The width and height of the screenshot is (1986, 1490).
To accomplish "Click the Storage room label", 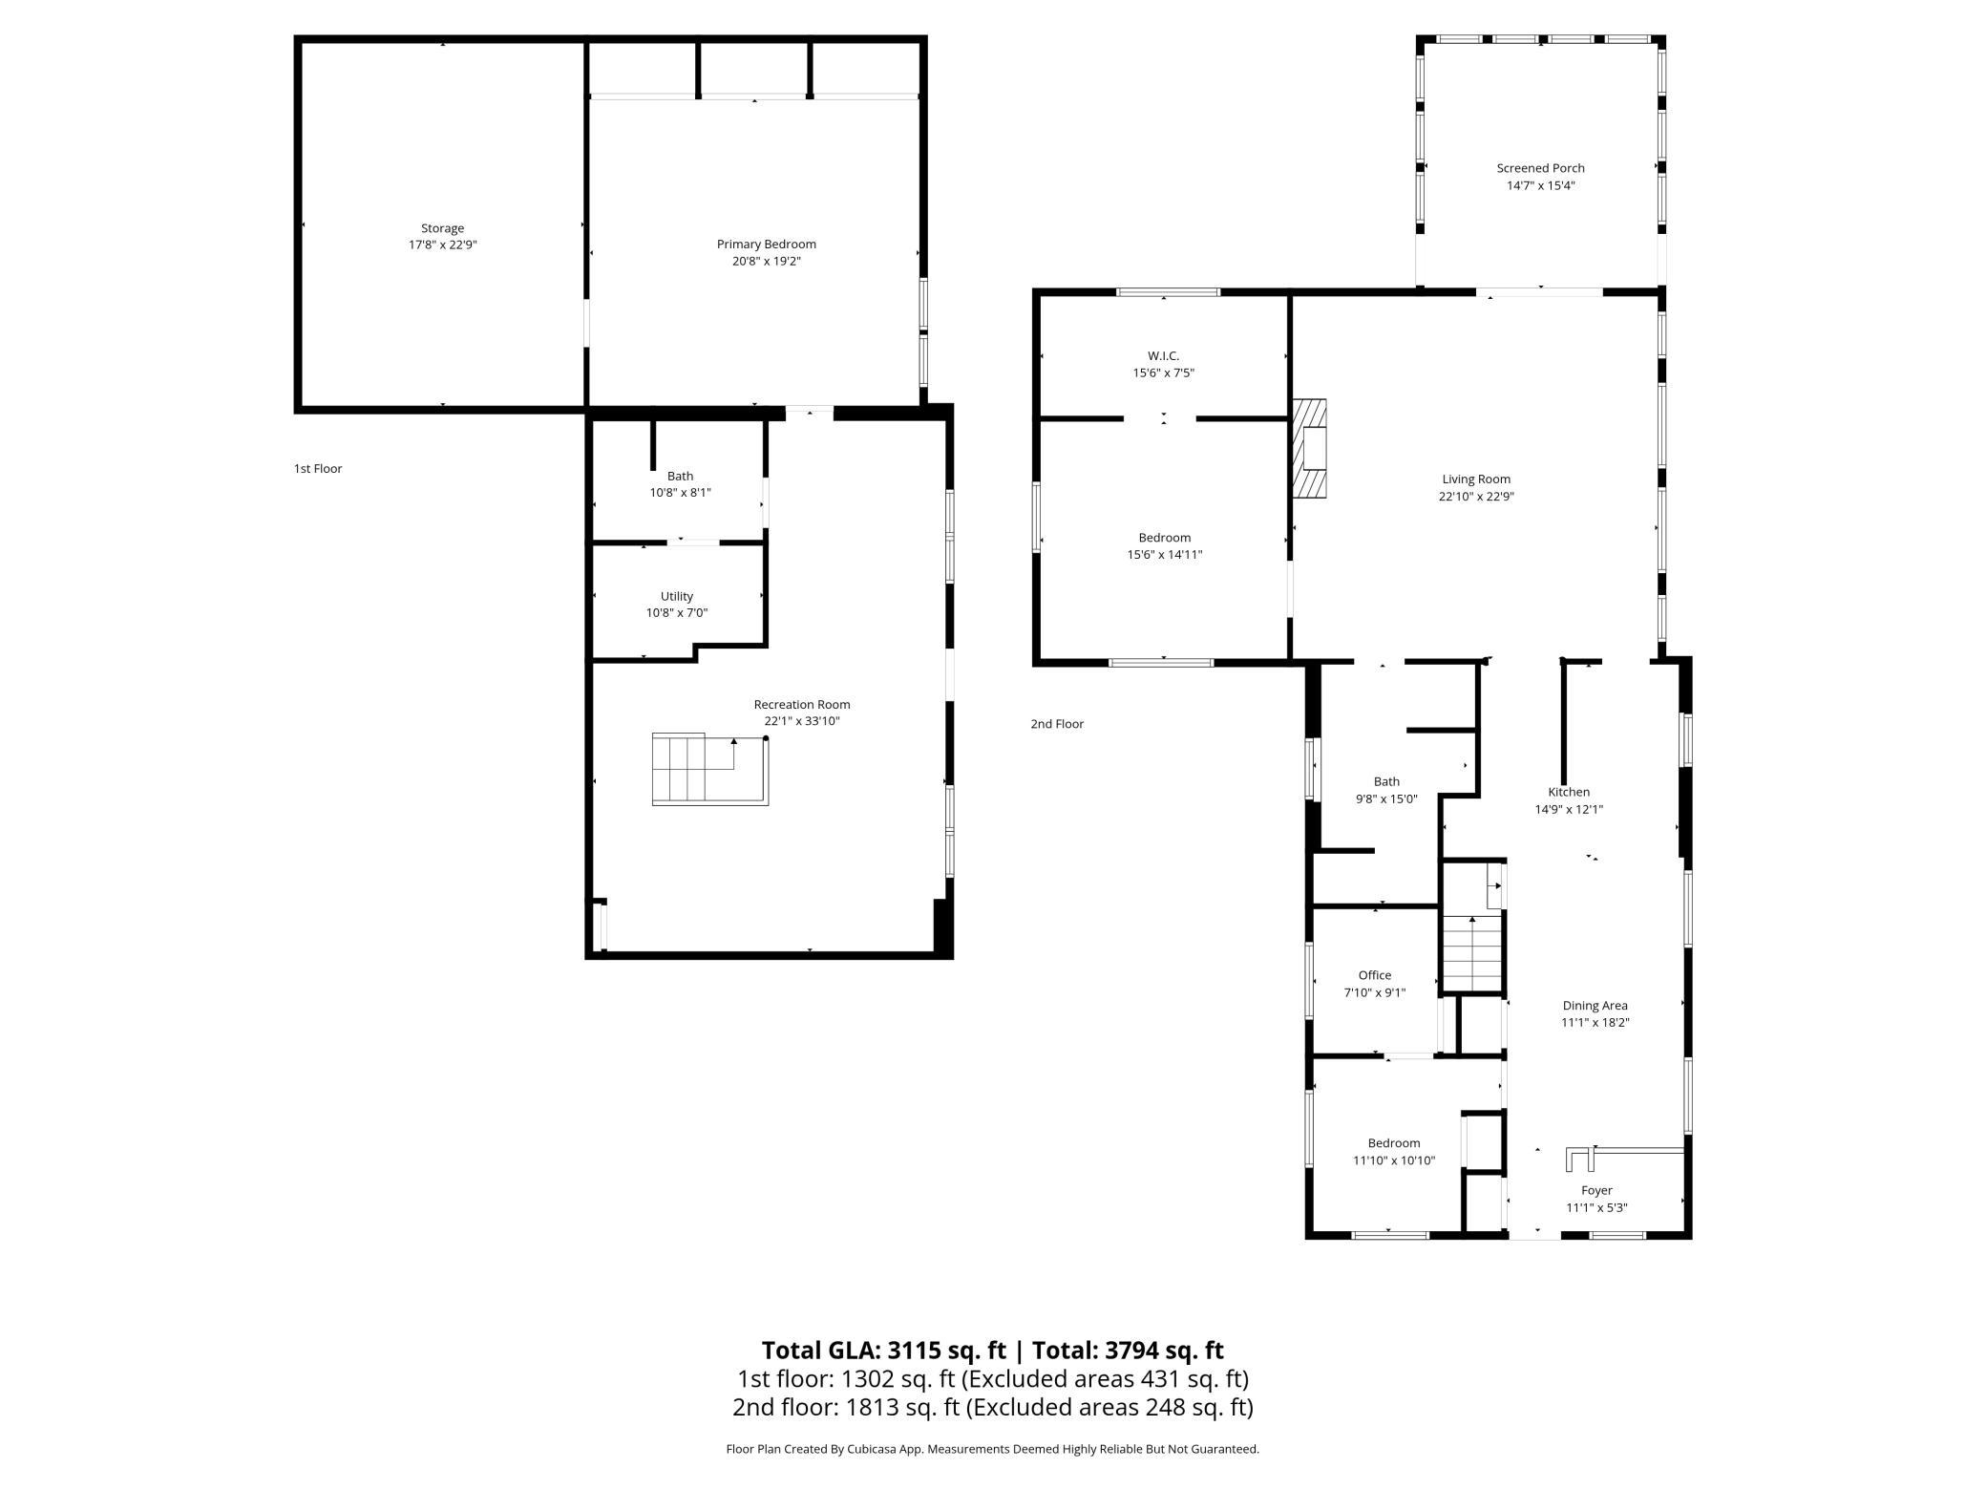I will coord(442,228).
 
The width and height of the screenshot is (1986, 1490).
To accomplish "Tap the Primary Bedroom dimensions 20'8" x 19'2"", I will coord(766,261).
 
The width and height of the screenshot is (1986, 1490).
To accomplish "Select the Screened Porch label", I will coord(1540,168).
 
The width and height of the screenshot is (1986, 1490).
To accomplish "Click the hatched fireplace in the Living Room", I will coord(1309,448).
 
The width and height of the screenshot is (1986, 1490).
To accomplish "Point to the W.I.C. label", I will coord(1163,356).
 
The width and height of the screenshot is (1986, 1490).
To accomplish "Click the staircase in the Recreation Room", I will coord(708,769).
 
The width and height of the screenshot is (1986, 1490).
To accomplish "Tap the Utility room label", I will coord(676,596).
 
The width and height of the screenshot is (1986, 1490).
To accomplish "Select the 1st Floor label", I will coord(317,469).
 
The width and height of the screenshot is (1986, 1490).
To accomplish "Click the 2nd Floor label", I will coord(1056,724).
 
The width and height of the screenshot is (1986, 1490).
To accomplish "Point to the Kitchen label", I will coord(1568,792).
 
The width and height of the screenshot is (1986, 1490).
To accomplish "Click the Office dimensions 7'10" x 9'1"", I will coord(1374,992).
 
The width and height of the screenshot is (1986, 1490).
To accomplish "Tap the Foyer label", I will coord(1596,1190).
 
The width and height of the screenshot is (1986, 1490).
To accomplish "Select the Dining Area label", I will coord(1595,1005).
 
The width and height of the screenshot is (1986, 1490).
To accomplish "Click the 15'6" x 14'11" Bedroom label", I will coord(1164,538).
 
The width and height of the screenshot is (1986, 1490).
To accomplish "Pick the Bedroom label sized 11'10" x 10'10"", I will coord(1393,1143).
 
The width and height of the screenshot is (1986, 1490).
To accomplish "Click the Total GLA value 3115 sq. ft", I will coord(946,1351).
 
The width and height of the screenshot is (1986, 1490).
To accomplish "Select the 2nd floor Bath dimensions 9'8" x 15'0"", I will coord(1386,798).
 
